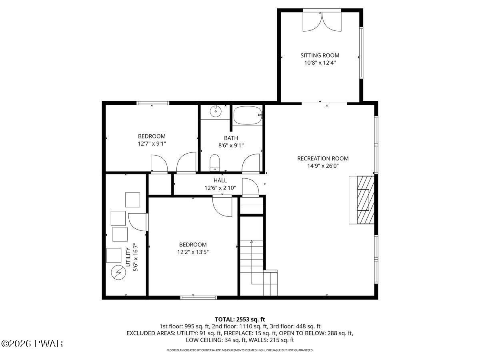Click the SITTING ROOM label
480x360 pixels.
point(320,55)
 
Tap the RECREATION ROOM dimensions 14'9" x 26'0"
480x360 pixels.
point(323,166)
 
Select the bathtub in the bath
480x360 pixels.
point(247,115)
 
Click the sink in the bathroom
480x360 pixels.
point(216,111)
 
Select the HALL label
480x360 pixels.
point(220,180)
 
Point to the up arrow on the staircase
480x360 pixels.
point(252,242)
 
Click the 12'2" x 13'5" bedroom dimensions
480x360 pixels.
point(193,252)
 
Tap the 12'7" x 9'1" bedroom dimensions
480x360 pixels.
point(152,143)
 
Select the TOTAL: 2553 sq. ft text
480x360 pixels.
point(240,319)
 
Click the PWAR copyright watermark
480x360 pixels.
point(32,344)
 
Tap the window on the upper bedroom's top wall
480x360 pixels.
point(153,103)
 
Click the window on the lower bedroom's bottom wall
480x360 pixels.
point(198,297)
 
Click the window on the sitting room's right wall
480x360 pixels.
point(361,53)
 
